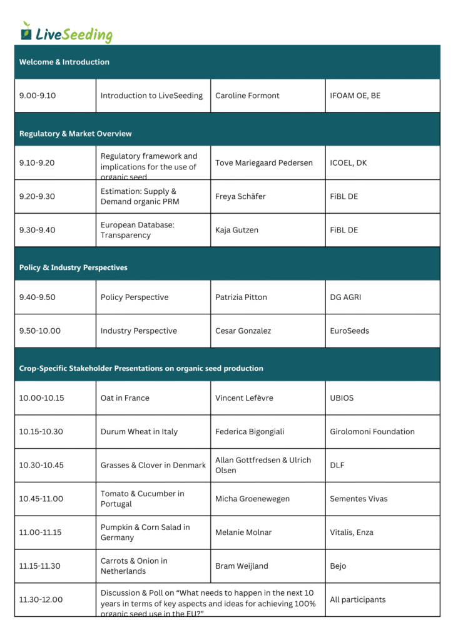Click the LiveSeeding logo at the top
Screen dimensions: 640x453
coord(66,32)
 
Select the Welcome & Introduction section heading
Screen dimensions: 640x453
coord(64,62)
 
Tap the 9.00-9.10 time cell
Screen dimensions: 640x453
coord(38,96)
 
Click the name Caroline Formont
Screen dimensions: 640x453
coord(247,96)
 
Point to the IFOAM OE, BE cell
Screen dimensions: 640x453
coord(355,96)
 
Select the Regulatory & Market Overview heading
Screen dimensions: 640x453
coord(75,134)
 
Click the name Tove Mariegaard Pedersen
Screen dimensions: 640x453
coord(263,163)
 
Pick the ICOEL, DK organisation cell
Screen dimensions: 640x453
coord(348,163)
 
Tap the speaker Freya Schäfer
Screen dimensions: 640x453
coord(240,196)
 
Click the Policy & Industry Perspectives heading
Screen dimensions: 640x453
coord(73,267)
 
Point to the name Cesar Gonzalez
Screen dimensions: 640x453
coord(243,331)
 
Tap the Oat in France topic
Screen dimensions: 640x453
coord(125,398)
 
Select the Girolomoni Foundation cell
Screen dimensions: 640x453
coord(372,431)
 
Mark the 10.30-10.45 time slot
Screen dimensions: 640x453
coord(41,465)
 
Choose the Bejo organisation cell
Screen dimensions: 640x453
coord(338,566)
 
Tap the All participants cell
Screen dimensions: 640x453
coord(357,599)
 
